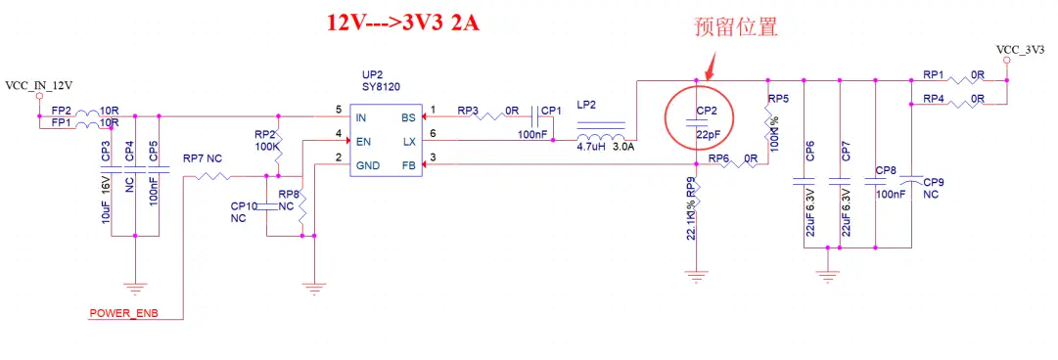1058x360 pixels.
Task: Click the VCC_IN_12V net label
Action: pyautogui.click(x=39, y=86)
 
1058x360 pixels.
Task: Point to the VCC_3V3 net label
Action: pyautogui.click(x=1020, y=48)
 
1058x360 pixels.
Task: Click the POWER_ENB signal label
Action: pyautogui.click(x=123, y=314)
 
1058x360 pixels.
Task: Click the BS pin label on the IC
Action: pyautogui.click(x=408, y=117)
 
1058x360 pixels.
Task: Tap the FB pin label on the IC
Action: pyautogui.click(x=408, y=165)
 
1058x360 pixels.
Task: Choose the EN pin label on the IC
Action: pyautogui.click(x=363, y=142)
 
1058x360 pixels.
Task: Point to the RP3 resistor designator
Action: pyautogui.click(x=469, y=110)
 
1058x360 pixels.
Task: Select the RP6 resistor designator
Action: pyautogui.click(x=719, y=157)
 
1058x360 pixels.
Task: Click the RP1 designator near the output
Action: pyautogui.click(x=935, y=74)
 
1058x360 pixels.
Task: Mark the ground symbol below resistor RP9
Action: pyautogui.click(x=696, y=278)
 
